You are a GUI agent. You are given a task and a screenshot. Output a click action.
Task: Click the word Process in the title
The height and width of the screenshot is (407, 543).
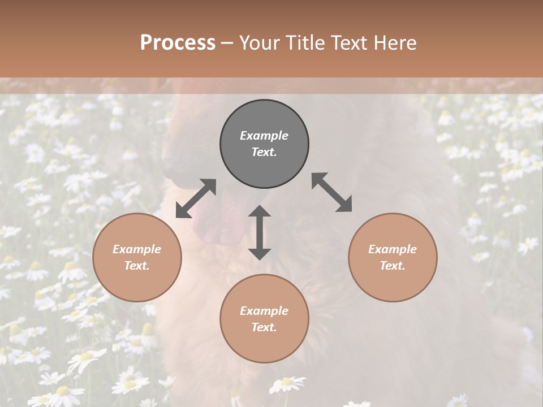tap(178, 43)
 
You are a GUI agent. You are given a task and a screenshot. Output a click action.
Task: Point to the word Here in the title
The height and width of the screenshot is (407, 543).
tap(395, 43)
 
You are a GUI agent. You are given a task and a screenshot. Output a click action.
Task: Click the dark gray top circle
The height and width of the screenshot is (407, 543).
tap(264, 113)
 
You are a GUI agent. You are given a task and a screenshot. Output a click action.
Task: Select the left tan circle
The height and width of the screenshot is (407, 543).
tap(137, 283)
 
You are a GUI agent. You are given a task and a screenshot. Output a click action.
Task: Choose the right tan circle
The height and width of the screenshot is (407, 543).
tap(393, 283)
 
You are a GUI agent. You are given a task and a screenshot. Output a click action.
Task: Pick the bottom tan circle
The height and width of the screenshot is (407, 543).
tap(264, 345)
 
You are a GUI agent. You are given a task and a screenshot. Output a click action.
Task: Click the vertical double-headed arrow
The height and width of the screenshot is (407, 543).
tap(260, 232)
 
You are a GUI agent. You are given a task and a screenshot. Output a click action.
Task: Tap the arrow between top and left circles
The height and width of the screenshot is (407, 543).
tap(196, 198)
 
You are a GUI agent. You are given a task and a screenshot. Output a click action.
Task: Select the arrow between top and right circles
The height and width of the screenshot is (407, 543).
tap(332, 192)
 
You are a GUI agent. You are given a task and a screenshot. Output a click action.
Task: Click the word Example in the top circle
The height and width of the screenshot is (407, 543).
tap(264, 136)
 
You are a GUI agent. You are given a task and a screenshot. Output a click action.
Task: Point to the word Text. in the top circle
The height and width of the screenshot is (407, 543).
tap(264, 152)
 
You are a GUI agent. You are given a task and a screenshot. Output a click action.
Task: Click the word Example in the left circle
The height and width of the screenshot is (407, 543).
tap(137, 249)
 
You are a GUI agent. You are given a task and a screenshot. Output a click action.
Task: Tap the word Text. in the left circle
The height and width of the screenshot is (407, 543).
tap(137, 266)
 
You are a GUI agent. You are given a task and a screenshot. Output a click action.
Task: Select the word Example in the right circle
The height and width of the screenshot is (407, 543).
tap(393, 249)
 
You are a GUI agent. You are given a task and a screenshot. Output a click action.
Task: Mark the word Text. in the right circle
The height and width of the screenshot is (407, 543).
tap(393, 266)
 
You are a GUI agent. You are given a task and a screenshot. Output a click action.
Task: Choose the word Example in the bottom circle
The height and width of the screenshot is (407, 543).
tap(264, 311)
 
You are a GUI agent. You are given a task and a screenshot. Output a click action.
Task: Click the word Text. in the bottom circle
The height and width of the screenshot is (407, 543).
tap(264, 327)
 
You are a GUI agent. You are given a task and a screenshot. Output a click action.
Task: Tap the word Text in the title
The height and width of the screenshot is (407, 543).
tap(350, 43)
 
